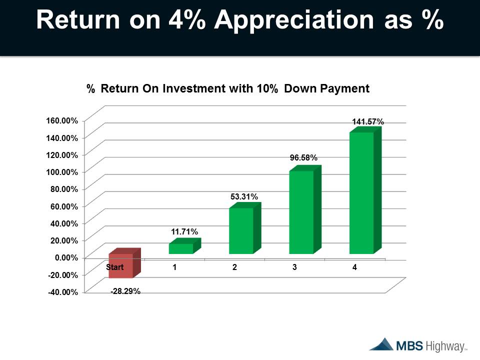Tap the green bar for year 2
(245, 228)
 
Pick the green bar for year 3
(305, 209)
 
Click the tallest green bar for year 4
(365, 190)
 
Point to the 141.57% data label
(367, 122)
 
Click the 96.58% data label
(303, 157)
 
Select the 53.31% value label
(244, 196)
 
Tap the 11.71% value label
(184, 231)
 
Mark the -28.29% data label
(125, 291)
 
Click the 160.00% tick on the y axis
(62, 120)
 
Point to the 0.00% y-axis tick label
(66, 258)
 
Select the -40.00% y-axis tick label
(63, 292)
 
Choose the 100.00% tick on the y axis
(62, 172)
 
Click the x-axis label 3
(294, 267)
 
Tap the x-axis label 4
(354, 267)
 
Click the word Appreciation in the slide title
(294, 20)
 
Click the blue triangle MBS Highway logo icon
(381, 344)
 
